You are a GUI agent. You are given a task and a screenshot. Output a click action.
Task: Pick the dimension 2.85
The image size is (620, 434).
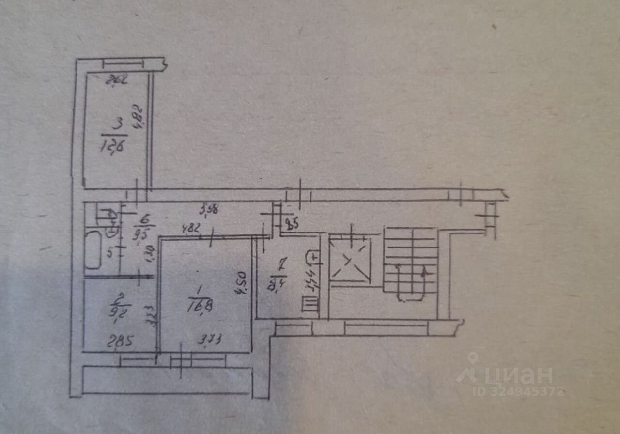120,339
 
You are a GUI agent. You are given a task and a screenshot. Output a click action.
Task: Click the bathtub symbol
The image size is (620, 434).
93,249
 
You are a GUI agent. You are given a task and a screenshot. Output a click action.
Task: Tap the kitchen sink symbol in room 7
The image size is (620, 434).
312,256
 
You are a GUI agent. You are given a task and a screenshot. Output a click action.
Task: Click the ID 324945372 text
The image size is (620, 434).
518,391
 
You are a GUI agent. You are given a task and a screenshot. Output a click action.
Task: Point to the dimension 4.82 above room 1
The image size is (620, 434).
191,228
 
